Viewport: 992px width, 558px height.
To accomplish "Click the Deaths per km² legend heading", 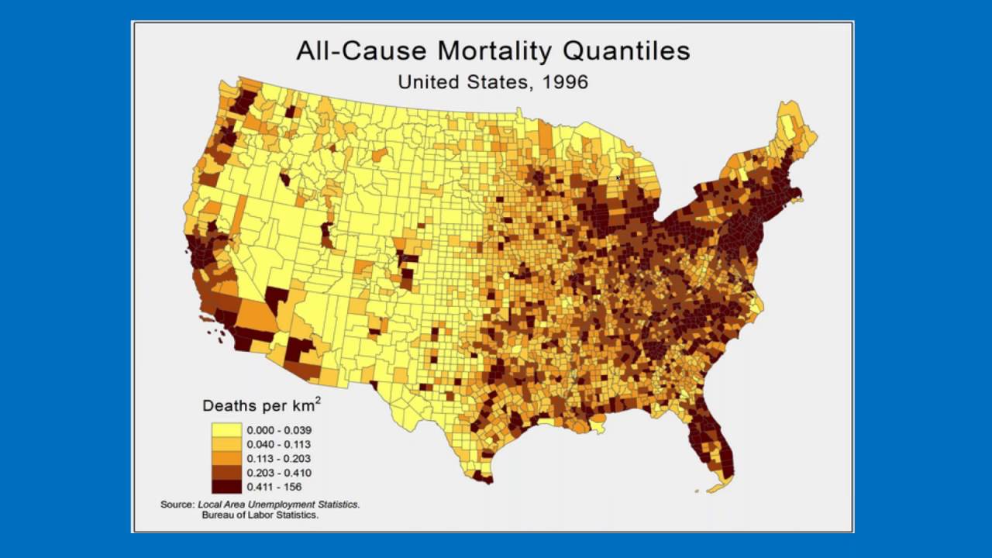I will [261, 405].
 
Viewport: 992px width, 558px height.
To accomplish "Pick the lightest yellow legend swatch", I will [227, 429].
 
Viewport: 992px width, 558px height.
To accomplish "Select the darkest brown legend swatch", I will [227, 487].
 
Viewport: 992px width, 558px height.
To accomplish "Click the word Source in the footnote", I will [177, 504].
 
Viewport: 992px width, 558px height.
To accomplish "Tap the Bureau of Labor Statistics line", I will [260, 515].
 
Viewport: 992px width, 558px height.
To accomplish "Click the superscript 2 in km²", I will [318, 400].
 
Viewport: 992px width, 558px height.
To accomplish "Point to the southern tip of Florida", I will [722, 487].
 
